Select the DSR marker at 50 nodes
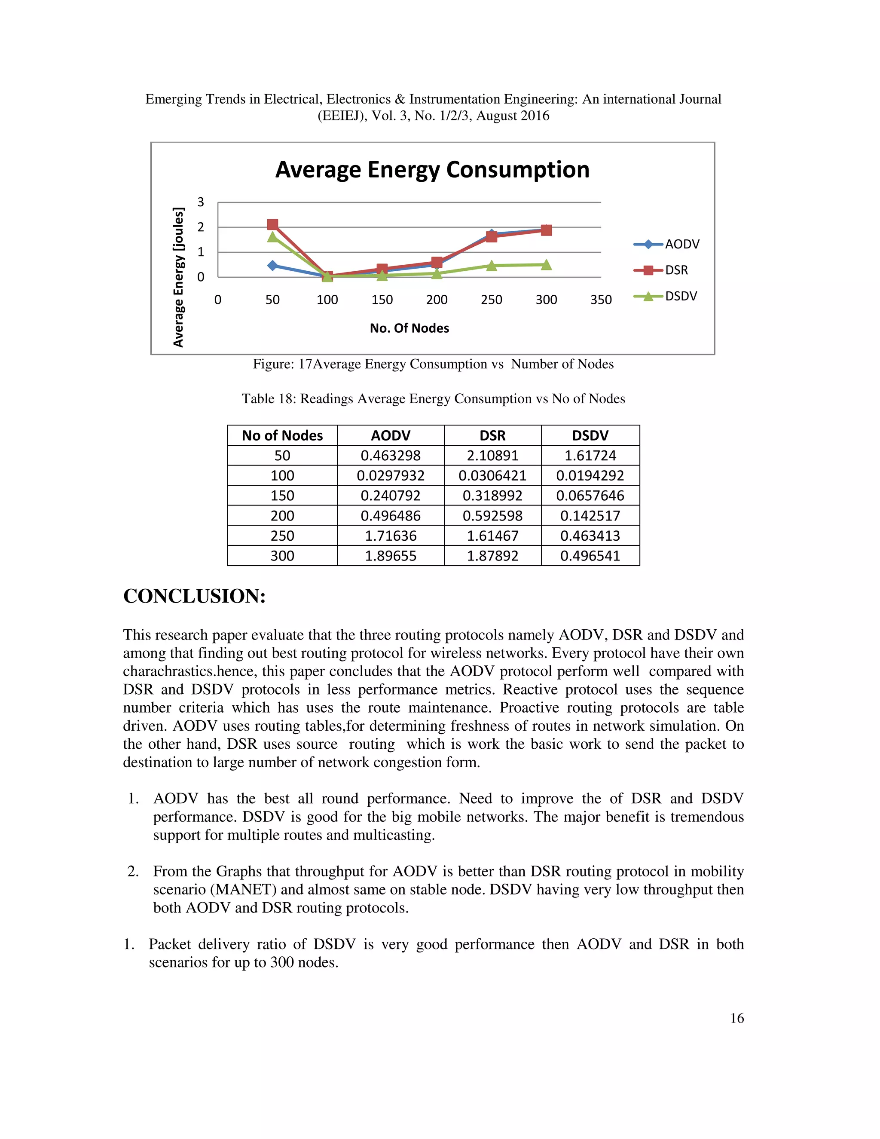point(272,224)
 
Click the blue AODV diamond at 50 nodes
point(272,266)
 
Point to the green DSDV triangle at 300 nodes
point(546,265)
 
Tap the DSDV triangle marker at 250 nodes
point(491,266)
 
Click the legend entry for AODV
point(667,244)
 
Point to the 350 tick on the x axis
point(601,300)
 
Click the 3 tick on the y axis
point(201,202)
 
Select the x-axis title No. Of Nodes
point(409,328)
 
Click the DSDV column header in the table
point(590,435)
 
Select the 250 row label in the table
point(282,536)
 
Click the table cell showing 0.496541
point(590,556)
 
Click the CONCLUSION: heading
point(195,597)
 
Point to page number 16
point(736,1018)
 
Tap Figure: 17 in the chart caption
point(282,364)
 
